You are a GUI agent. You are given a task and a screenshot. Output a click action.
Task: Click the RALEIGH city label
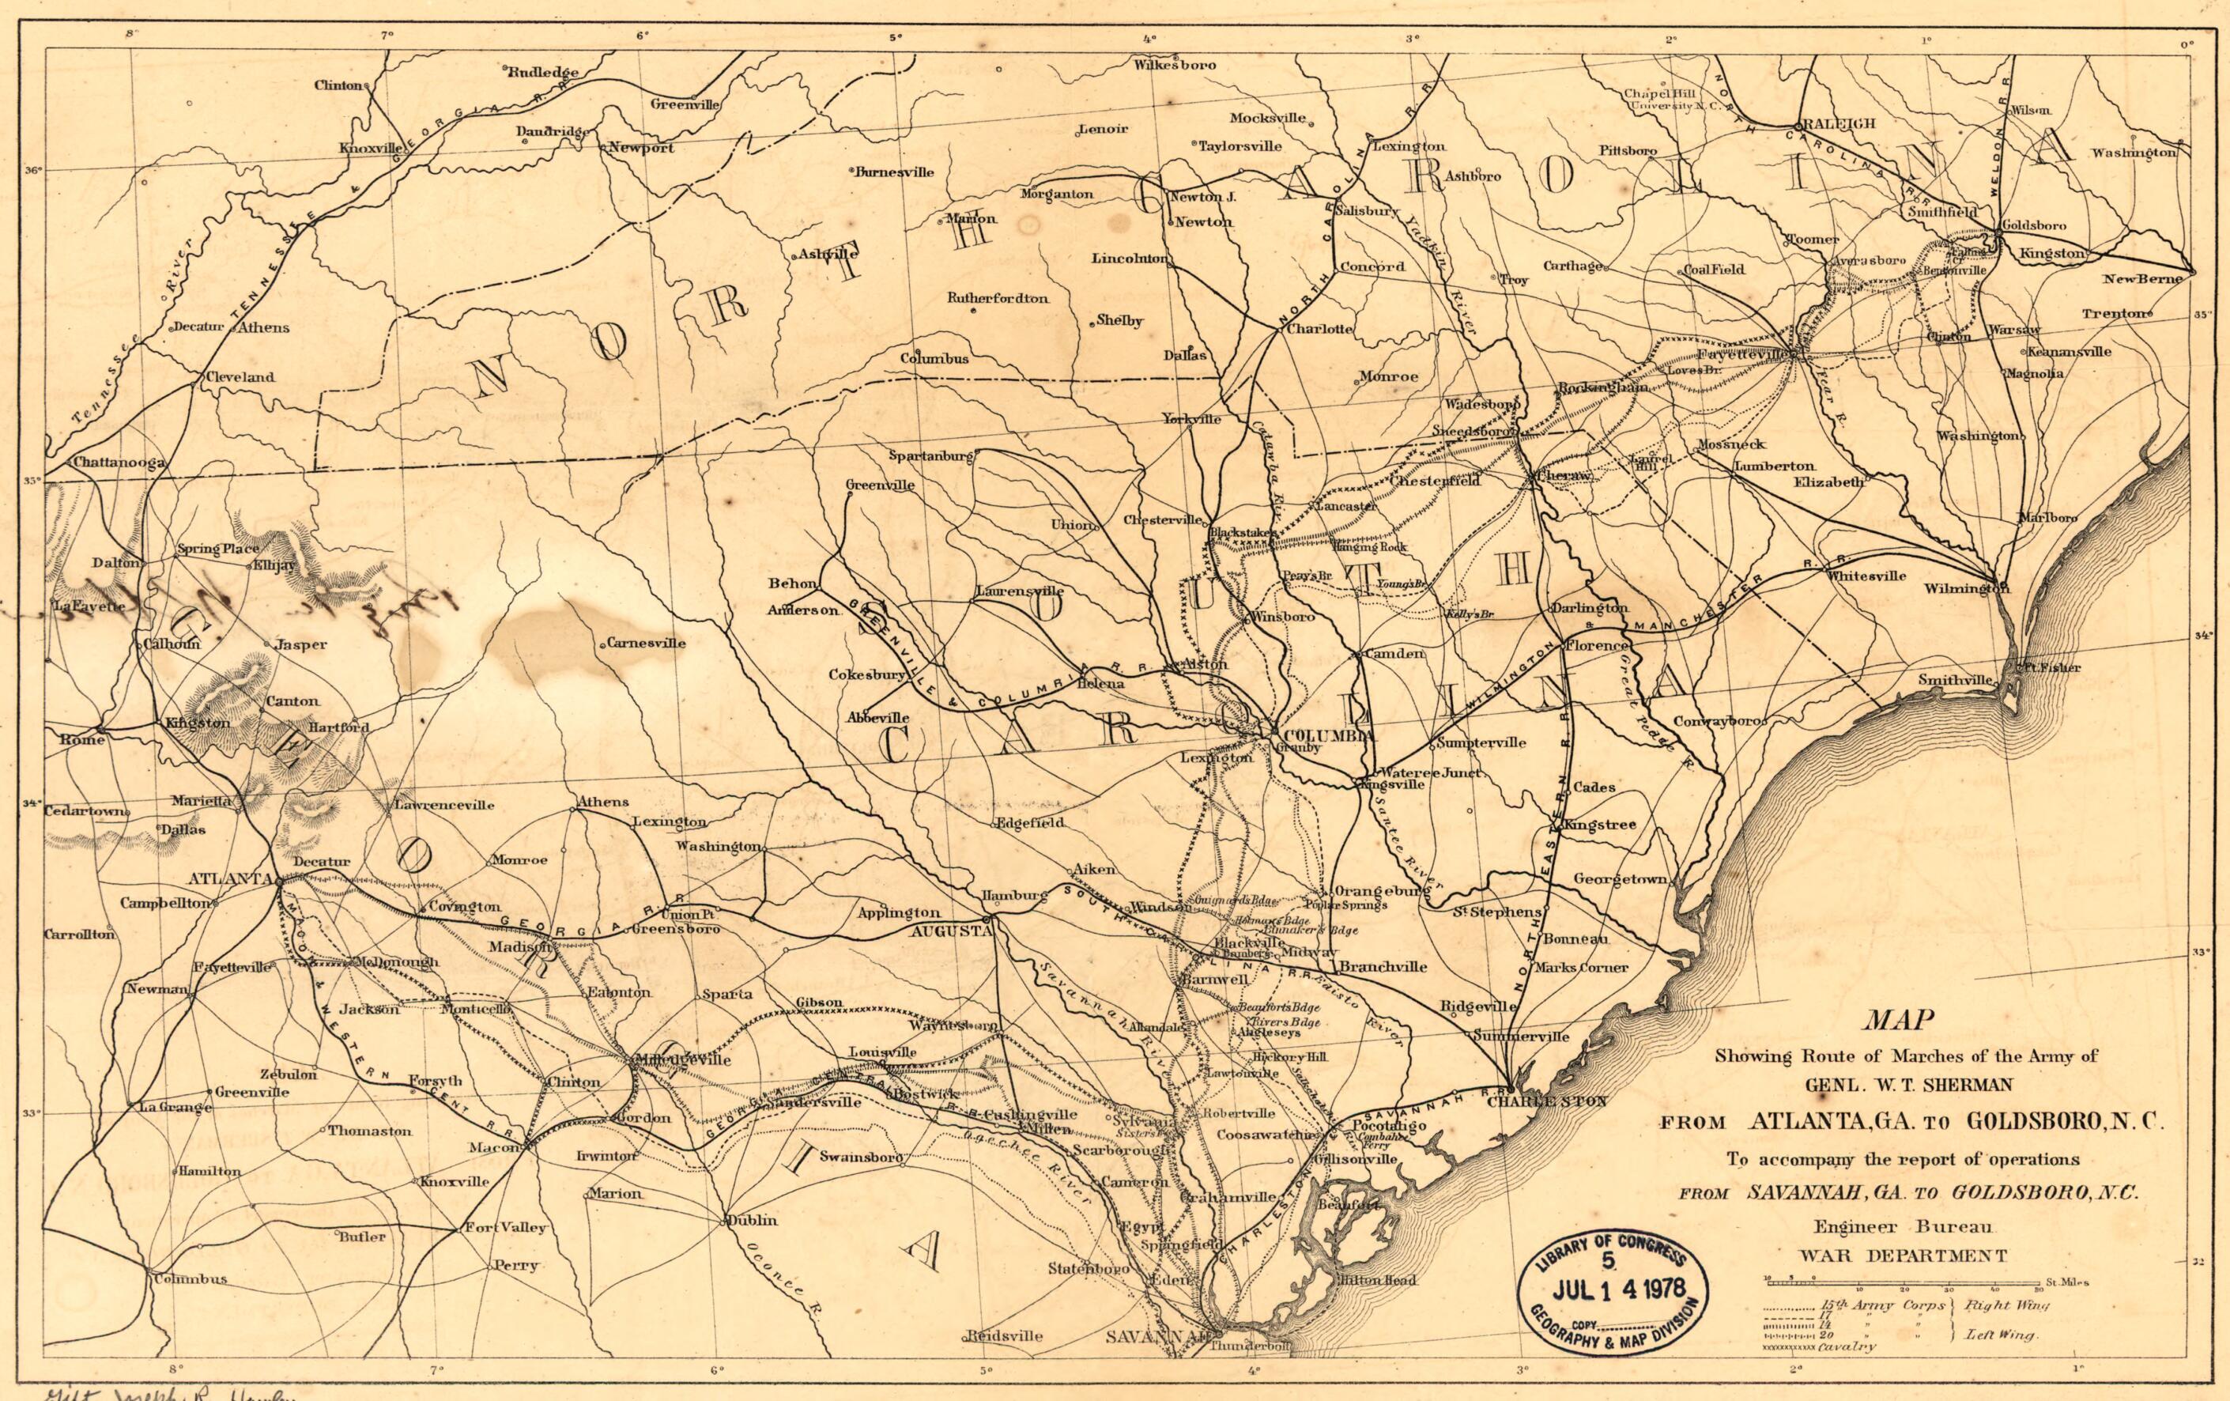click(x=1835, y=123)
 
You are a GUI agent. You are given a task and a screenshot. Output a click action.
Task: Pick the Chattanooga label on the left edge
click(x=118, y=462)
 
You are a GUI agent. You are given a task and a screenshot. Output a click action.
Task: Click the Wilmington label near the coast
click(x=1966, y=588)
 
